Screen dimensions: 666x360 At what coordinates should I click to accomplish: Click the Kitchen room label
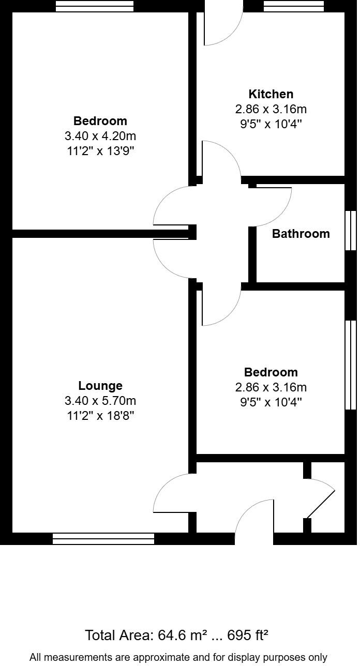[271, 94]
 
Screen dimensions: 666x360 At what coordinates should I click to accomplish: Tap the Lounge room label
[100, 386]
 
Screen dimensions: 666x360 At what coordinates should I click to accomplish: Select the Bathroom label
[301, 234]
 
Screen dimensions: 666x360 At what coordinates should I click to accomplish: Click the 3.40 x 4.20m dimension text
[100, 136]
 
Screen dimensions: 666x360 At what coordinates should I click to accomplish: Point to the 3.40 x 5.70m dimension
[100, 401]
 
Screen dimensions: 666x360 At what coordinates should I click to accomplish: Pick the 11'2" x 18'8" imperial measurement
[100, 416]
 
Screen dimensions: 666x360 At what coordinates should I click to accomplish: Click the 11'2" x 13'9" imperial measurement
[100, 151]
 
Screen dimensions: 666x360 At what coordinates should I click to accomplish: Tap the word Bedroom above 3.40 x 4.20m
[100, 121]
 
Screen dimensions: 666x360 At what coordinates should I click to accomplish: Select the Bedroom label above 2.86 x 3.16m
[271, 372]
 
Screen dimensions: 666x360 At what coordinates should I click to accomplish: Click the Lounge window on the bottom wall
[103, 539]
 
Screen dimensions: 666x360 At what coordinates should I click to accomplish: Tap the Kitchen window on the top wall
[294, 6]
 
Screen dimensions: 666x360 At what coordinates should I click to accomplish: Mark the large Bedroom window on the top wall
[95, 6]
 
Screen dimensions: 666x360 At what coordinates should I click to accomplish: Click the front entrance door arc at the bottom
[254, 517]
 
